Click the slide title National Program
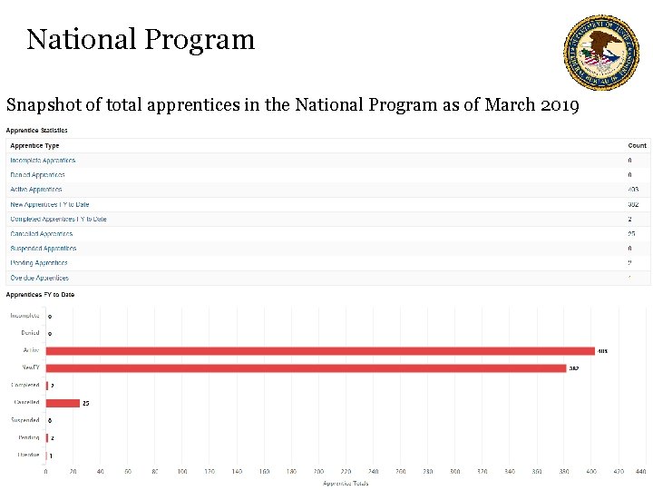tap(141, 39)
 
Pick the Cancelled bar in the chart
tap(63, 403)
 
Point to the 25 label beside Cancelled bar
tap(86, 403)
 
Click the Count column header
tap(637, 145)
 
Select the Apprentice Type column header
tap(34, 145)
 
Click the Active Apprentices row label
tap(36, 190)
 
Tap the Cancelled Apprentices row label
tap(42, 234)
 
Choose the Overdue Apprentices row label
tap(39, 278)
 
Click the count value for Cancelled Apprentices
tap(632, 234)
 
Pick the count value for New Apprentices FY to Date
tap(633, 204)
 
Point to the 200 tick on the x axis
tap(318, 472)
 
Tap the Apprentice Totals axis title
tap(346, 483)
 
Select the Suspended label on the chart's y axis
tap(24, 420)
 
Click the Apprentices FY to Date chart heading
tap(40, 295)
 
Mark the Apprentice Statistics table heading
tap(37, 131)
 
